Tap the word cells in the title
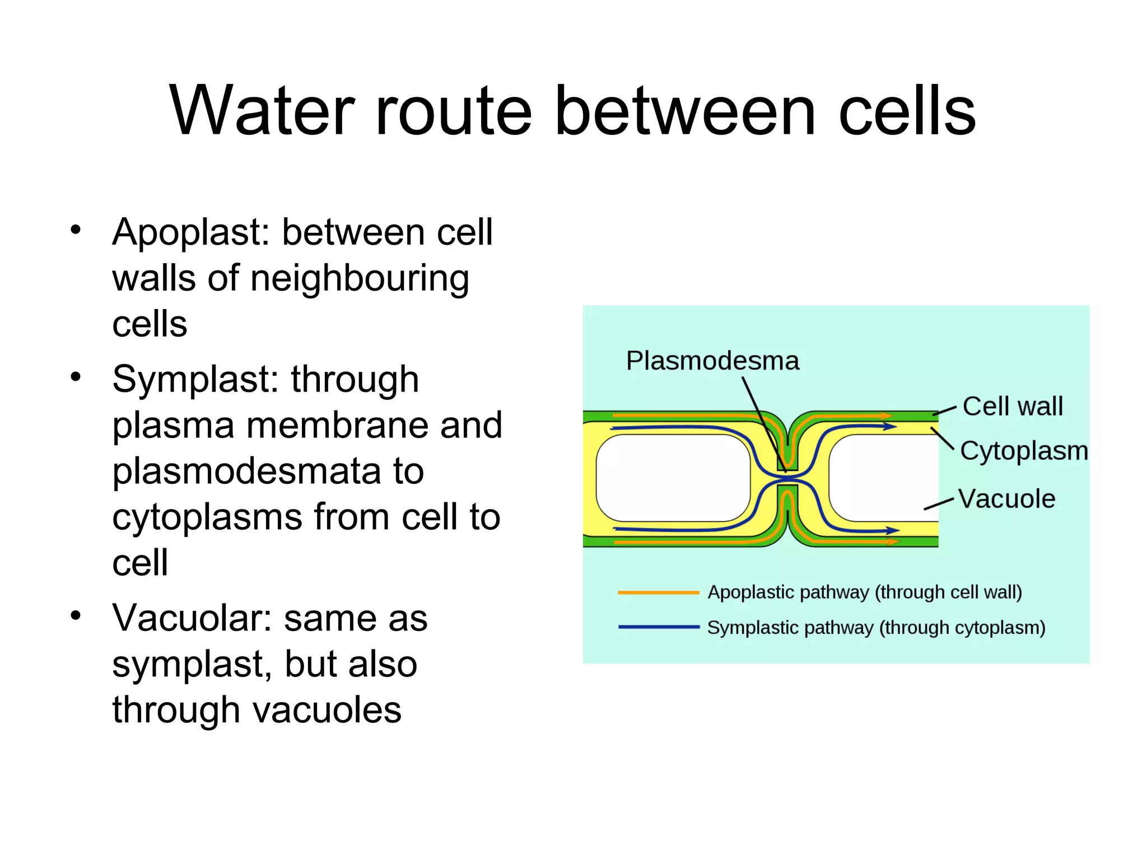(x=907, y=110)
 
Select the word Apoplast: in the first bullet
(x=192, y=232)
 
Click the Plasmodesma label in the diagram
(x=712, y=361)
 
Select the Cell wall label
(x=1013, y=406)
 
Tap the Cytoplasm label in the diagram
(x=1024, y=451)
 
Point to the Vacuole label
(x=1006, y=499)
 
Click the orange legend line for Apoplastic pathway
(x=658, y=592)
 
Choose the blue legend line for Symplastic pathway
(x=658, y=627)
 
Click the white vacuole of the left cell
(x=673, y=478)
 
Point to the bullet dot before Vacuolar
(x=76, y=616)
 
